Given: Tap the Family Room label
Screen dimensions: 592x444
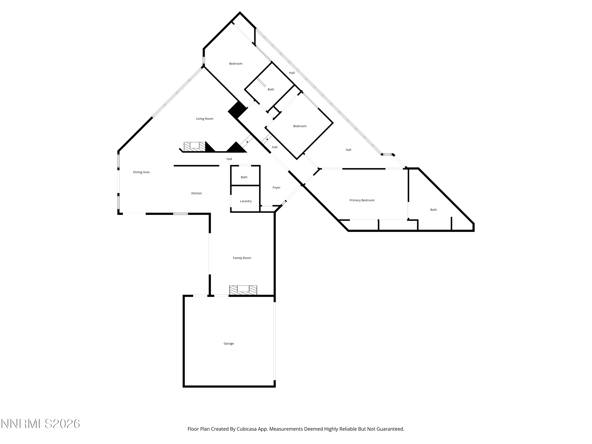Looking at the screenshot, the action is [x=242, y=258].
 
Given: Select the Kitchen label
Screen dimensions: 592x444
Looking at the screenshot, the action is [x=196, y=193].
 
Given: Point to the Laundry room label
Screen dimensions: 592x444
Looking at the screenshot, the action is [x=246, y=201].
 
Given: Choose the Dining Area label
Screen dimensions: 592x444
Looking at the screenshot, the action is [x=141, y=172].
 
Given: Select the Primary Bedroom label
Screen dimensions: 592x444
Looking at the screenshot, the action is [x=362, y=200].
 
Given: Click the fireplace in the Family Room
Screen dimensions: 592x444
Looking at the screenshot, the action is [x=243, y=290].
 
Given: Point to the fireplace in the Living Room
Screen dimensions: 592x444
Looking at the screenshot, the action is [x=195, y=146].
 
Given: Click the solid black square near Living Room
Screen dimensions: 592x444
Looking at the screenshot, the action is [x=237, y=110].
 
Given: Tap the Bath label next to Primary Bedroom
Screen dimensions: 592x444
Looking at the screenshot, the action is [x=433, y=210].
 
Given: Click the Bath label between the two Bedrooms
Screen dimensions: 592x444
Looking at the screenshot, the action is [x=271, y=89].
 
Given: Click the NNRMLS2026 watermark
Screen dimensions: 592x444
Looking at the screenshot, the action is [x=41, y=424].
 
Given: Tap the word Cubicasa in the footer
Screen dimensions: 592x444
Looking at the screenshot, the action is [x=246, y=429].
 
